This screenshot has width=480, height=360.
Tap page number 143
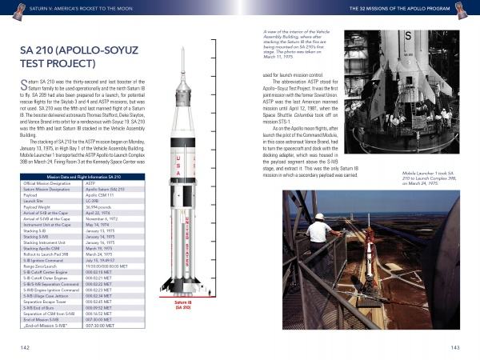click(455, 347)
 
